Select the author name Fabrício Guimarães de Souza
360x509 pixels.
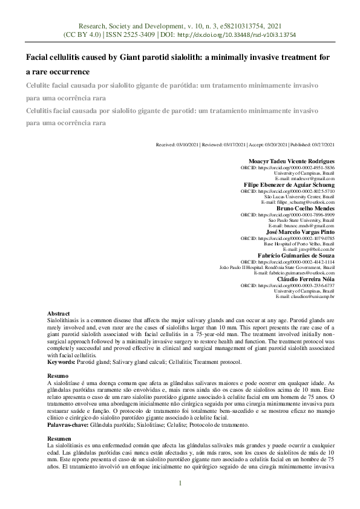click(296, 254)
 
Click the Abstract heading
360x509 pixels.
click(59, 314)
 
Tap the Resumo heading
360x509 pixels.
click(57, 376)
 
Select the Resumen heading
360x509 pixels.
click(59, 438)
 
